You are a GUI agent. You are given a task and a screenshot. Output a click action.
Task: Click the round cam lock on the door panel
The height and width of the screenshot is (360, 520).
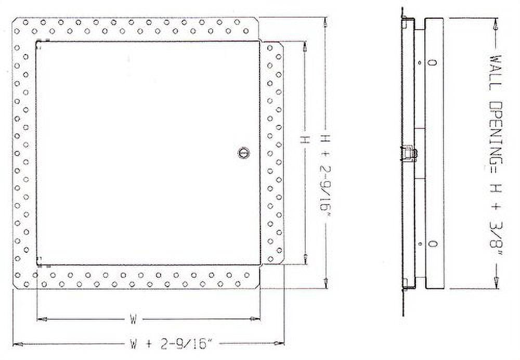coord(243,152)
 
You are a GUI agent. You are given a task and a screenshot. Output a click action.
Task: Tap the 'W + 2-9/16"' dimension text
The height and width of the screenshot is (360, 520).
coord(172,343)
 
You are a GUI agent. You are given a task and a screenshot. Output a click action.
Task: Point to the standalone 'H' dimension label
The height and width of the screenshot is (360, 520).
coord(305,139)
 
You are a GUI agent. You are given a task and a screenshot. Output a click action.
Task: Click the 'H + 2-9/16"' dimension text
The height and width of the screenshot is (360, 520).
coord(325,172)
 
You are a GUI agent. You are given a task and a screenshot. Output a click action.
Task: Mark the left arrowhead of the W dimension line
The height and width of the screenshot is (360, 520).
coord(41,318)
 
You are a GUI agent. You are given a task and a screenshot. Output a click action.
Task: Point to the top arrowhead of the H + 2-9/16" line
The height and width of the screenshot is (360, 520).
coord(326,22)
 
